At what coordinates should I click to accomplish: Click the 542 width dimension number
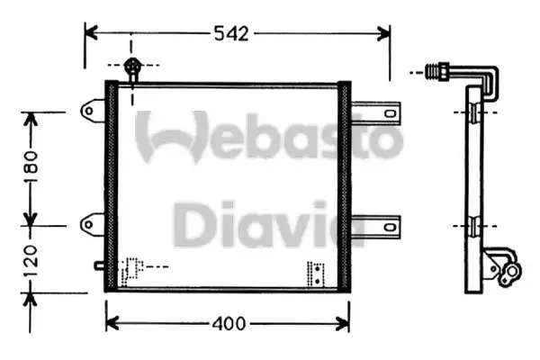(x=231, y=34)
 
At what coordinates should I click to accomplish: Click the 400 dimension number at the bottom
(x=229, y=324)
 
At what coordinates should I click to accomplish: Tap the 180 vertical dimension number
(x=31, y=166)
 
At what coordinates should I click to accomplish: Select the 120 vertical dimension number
(x=31, y=260)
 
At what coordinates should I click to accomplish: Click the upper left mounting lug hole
(x=89, y=111)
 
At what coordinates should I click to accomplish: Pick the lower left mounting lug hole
(x=89, y=225)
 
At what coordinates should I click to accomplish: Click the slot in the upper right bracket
(x=390, y=113)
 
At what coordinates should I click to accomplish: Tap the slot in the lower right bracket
(x=390, y=227)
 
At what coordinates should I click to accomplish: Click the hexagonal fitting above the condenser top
(x=132, y=66)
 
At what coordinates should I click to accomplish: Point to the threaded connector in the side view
(x=436, y=72)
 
